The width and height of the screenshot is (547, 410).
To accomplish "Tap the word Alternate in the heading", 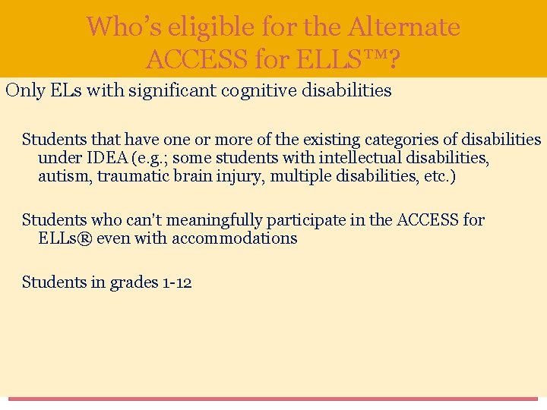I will [404, 27].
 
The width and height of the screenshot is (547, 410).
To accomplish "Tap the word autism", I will [62, 176].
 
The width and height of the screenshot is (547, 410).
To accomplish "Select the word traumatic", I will [129, 176].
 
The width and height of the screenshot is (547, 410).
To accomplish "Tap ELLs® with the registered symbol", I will [65, 238].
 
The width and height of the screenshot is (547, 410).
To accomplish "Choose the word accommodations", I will [244, 238].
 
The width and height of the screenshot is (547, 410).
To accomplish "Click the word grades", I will [134, 282].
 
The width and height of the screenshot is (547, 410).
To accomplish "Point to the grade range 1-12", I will [176, 282].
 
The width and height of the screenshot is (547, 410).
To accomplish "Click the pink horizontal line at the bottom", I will [273, 399].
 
